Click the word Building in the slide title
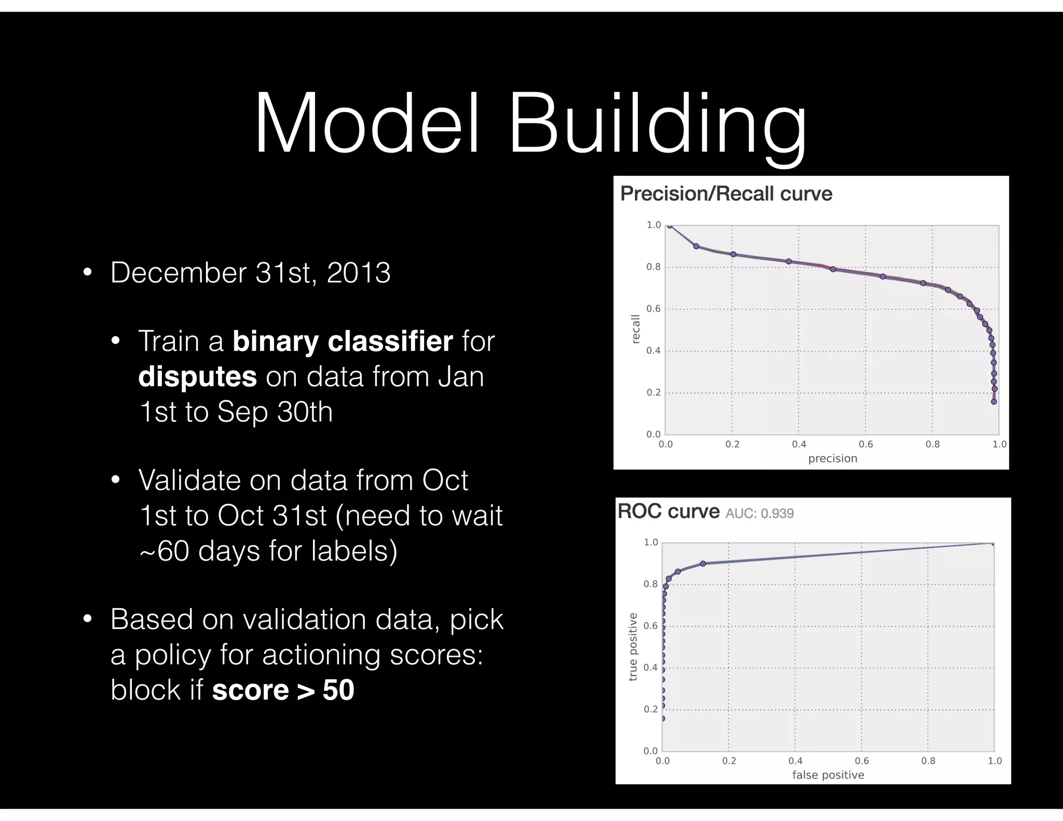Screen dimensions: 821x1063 [x=657, y=125]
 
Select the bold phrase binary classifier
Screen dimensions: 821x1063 [x=343, y=341]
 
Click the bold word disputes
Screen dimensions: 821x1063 [x=197, y=376]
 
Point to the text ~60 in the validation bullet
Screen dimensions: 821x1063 [x=164, y=551]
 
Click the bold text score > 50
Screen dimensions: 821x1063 [x=283, y=690]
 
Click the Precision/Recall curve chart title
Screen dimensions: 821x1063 [x=726, y=194]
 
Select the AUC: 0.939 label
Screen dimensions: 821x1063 [x=759, y=513]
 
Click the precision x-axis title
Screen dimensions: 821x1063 [x=833, y=458]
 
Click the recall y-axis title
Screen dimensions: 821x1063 [x=635, y=329]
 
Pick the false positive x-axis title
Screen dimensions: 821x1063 [x=828, y=775]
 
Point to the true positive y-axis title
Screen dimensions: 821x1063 [x=633, y=646]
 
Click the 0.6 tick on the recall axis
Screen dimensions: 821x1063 [x=653, y=309]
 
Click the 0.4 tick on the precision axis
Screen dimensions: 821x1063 [x=799, y=444]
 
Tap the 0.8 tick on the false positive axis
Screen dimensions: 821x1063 [x=928, y=761]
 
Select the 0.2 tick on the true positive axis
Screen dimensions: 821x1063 [x=650, y=709]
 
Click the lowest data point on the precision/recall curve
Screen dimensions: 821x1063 [x=993, y=401]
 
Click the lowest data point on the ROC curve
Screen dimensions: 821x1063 [x=663, y=719]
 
